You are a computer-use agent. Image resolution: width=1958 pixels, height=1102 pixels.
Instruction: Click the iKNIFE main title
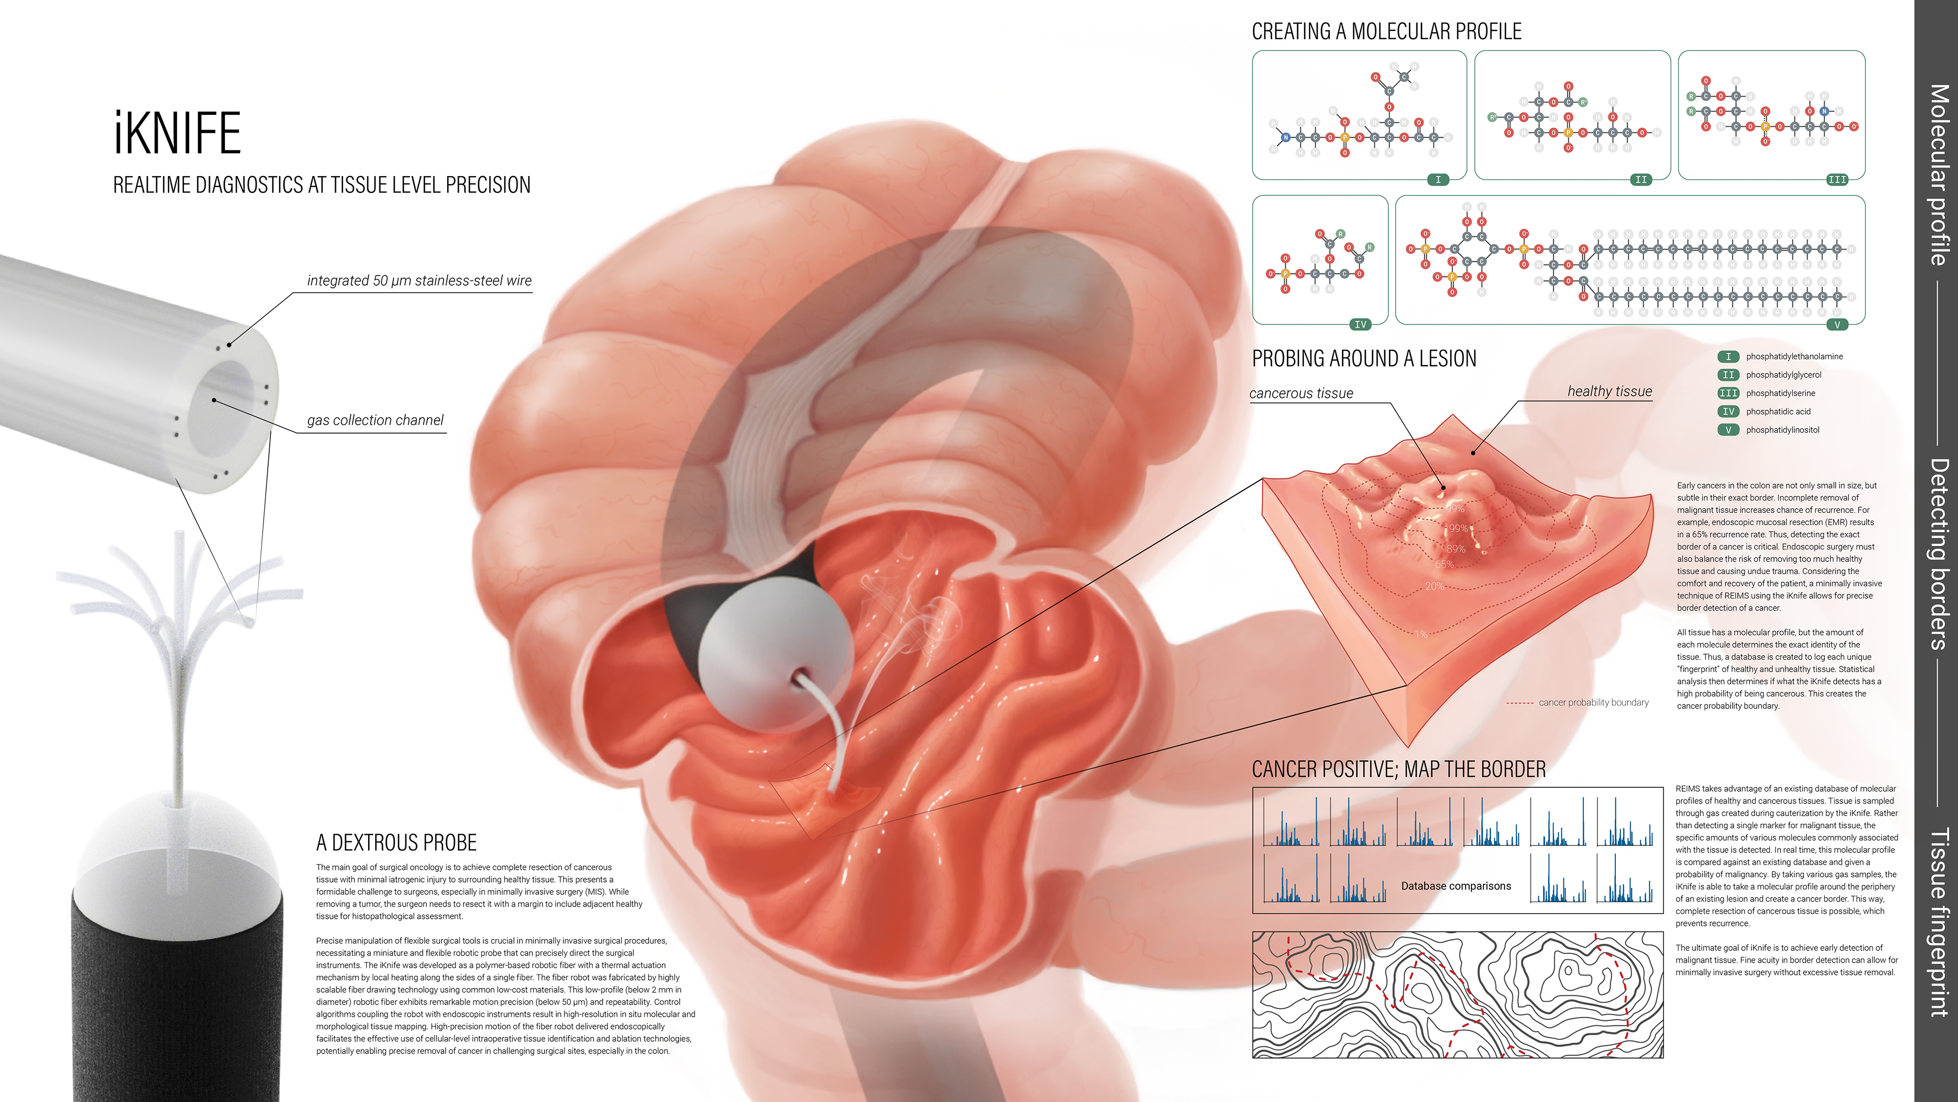[x=177, y=133]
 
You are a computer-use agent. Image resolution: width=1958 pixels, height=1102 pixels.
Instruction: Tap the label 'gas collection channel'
[x=375, y=420]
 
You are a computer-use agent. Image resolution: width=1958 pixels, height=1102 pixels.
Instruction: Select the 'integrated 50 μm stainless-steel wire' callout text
[x=419, y=281]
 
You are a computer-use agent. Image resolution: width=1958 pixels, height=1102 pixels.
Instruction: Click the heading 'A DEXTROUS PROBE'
[x=396, y=843]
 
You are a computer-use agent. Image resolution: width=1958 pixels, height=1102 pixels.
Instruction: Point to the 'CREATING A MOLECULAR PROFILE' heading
[x=1386, y=32]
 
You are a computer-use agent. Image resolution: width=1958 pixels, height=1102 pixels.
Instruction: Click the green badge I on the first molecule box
[x=1437, y=180]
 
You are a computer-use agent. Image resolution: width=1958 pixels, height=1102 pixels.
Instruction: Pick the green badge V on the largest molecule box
[x=1837, y=325]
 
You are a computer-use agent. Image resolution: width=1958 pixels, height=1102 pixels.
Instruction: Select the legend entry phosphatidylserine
[x=1780, y=393]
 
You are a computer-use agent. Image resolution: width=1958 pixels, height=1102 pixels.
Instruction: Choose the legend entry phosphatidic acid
[x=1778, y=411]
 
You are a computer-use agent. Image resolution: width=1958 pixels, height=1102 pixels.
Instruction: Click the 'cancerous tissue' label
[x=1301, y=393]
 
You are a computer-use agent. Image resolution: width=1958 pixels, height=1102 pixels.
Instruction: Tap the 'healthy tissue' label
[x=1609, y=391]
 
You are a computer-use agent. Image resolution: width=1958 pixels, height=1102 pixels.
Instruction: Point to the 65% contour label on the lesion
[x=1444, y=564]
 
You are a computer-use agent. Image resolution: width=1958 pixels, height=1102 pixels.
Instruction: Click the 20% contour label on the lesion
[x=1434, y=586]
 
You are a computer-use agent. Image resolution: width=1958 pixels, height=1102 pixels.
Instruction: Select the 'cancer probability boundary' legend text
[x=1593, y=703]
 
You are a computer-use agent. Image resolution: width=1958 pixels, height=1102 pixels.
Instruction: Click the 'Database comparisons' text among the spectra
[x=1456, y=886]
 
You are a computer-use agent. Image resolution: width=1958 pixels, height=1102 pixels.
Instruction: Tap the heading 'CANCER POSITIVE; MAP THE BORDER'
[x=1399, y=770]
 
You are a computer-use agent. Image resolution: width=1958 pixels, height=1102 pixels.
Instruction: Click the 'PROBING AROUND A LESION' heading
[x=1363, y=359]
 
